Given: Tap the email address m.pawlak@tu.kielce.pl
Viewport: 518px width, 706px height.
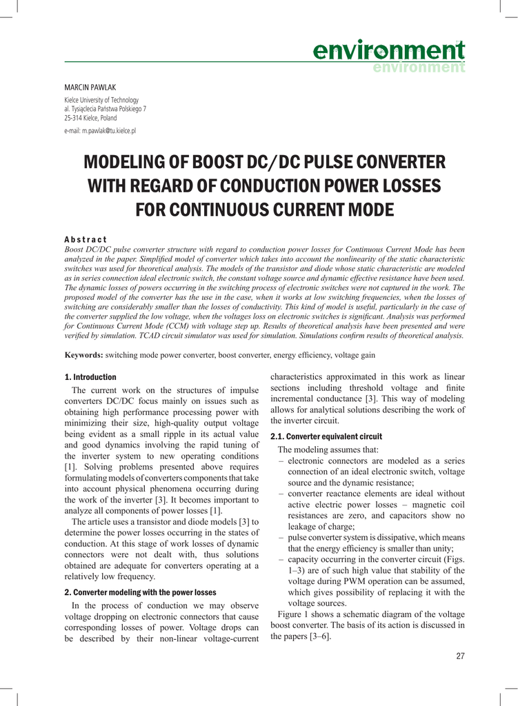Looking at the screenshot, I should point(100,130).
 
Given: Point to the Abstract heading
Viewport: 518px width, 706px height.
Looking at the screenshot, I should point(86,239).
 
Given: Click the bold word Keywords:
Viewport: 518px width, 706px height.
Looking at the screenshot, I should point(83,355).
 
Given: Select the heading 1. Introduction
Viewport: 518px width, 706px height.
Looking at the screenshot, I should point(90,377).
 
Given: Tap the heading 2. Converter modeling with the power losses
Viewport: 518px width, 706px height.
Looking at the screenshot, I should point(140,592).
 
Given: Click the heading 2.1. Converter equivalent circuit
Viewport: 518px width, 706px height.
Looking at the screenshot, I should point(326,436).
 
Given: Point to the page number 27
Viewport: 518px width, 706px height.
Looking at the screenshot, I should point(460,656).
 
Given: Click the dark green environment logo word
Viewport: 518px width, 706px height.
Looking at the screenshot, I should point(388,50).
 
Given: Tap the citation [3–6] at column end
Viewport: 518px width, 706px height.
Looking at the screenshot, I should point(317,636).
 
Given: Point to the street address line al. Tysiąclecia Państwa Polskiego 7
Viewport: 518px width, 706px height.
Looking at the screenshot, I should point(105,109).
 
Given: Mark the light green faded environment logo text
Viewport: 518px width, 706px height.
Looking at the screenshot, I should point(419,68).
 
